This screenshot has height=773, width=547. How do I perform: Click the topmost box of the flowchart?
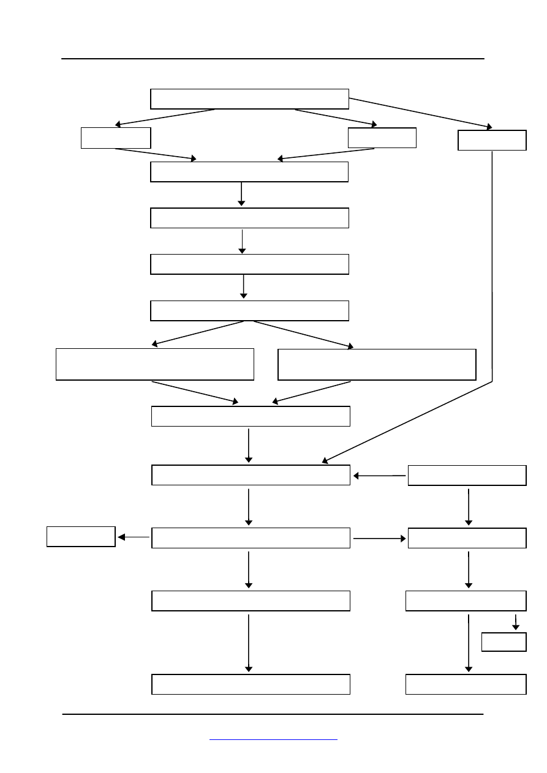[249, 99]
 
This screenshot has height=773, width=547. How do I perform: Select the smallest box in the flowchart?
[504, 642]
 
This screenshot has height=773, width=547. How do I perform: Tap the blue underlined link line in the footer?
[273, 740]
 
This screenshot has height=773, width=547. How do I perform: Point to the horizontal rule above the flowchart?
[273, 59]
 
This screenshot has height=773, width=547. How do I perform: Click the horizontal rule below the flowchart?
[273, 714]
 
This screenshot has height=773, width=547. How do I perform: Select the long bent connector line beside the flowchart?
[492, 269]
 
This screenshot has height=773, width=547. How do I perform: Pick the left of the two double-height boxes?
[154, 364]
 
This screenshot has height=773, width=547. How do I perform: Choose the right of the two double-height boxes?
[377, 364]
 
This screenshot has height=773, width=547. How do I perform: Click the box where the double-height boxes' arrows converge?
[251, 416]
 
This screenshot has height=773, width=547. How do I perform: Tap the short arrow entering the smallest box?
[516, 622]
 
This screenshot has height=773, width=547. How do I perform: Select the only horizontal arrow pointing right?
[380, 539]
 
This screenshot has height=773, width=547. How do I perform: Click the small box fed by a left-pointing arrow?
[81, 536]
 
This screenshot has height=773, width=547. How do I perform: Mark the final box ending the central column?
[251, 684]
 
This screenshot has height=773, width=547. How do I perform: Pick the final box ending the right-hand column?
[466, 684]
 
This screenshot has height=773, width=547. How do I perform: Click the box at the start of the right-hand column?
[467, 476]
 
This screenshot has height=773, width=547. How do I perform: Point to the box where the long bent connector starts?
[492, 140]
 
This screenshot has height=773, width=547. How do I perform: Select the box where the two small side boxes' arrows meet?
[249, 172]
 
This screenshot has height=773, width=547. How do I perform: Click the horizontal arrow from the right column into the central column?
[380, 475]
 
